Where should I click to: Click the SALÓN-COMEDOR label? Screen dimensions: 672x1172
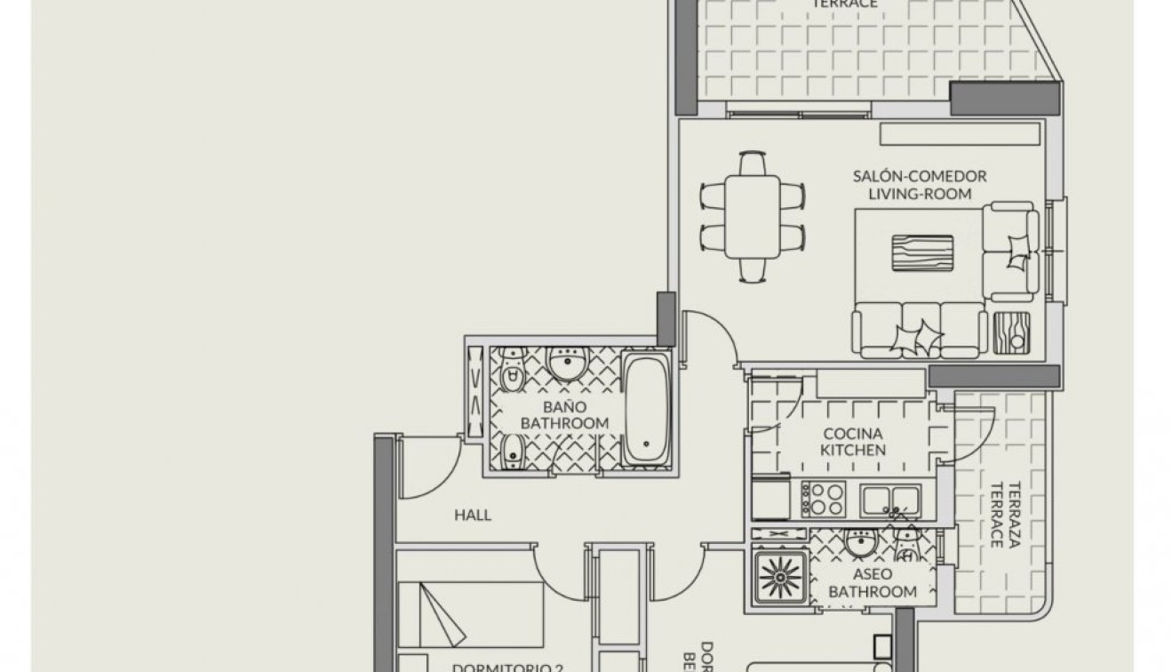click(920, 176)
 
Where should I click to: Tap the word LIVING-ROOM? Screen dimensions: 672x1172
click(920, 194)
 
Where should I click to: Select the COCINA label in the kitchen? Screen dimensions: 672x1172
click(852, 434)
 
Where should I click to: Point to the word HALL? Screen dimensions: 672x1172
click(473, 515)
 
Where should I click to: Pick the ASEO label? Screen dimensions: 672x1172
click(872, 574)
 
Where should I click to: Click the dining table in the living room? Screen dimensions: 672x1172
click(752, 218)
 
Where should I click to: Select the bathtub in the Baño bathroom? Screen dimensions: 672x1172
click(645, 408)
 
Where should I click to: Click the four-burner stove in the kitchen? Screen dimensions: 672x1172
click(823, 499)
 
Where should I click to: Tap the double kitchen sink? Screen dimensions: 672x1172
click(890, 500)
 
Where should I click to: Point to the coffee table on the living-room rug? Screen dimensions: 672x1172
click(922, 252)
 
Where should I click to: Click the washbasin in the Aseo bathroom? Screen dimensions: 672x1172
click(860, 541)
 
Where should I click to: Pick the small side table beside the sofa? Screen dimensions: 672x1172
click(1012, 333)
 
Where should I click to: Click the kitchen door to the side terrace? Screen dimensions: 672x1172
click(969, 434)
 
